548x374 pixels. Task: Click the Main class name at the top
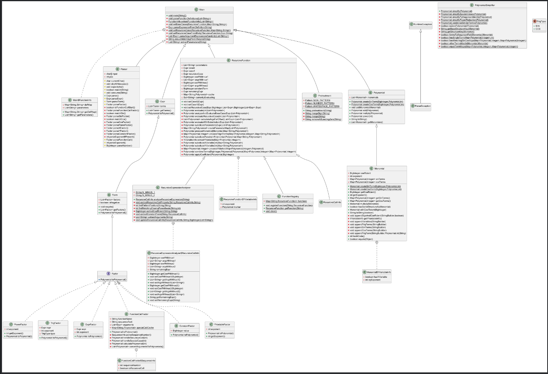[x=202, y=9]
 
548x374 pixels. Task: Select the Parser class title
[x=124, y=69]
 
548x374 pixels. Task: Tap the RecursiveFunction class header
[x=241, y=60]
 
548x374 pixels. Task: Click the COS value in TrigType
[x=538, y=29]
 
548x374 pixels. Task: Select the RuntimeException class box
[x=422, y=24]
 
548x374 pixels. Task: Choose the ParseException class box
[x=422, y=106]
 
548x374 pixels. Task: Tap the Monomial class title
[x=379, y=169]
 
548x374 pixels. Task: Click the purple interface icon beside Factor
[x=109, y=274]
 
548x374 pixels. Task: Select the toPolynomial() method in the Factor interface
[x=113, y=279]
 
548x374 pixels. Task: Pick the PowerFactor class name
[x=20, y=324]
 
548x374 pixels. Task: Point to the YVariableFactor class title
[x=222, y=324]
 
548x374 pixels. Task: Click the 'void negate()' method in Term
[x=107, y=207]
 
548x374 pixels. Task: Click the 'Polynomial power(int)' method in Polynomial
[x=362, y=116]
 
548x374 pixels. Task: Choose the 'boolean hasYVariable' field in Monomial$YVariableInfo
[x=376, y=277]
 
